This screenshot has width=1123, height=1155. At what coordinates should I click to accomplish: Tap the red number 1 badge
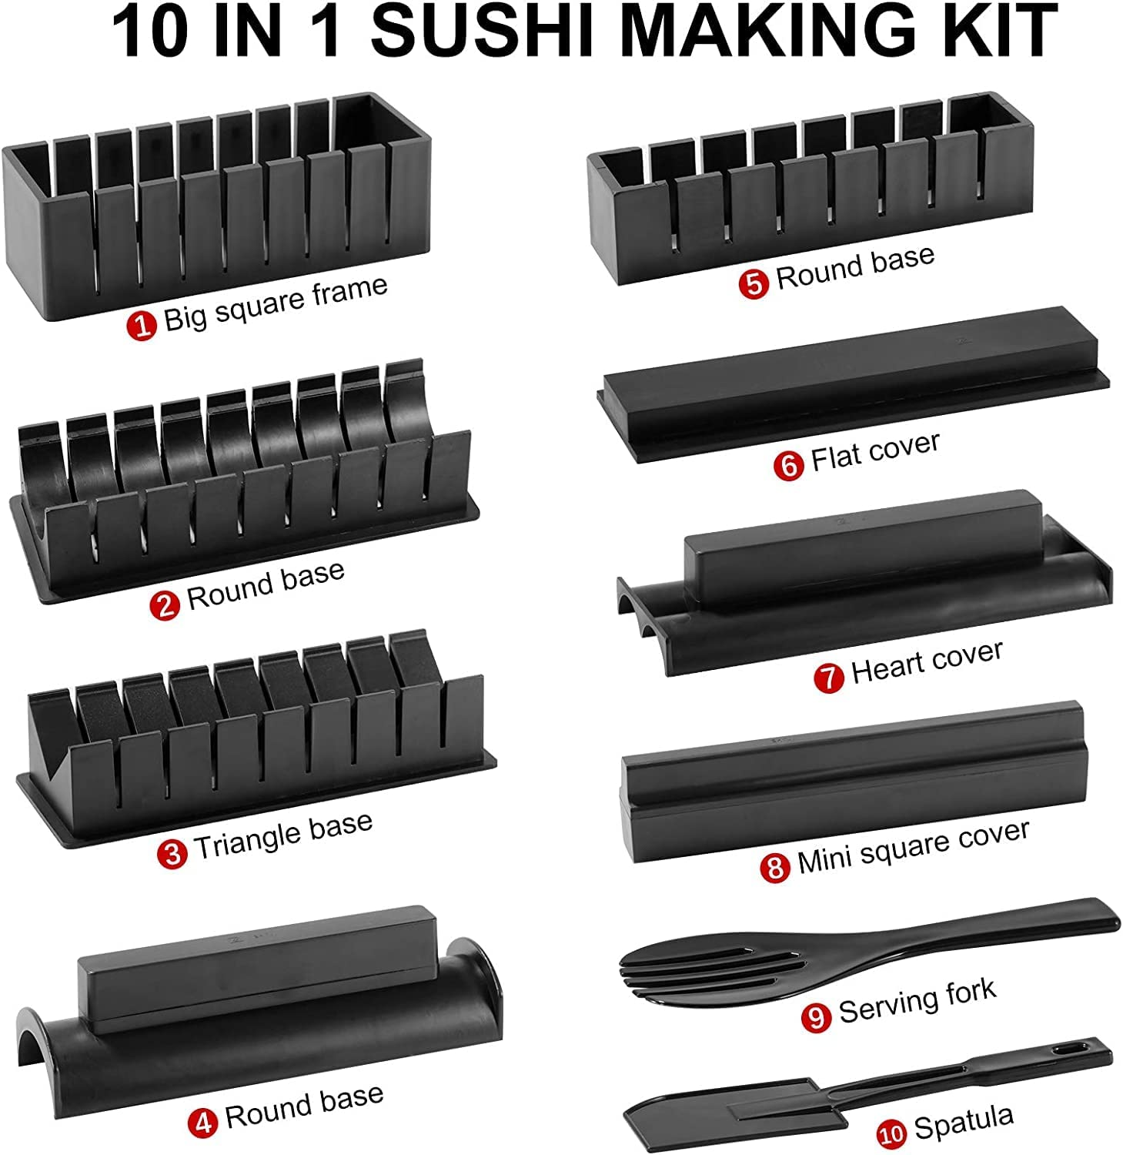tap(142, 325)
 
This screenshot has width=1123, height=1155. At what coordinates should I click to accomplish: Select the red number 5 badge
tap(754, 283)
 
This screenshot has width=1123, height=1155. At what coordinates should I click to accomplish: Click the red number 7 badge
tap(829, 678)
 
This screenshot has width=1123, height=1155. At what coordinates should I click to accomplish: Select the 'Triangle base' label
tap(282, 835)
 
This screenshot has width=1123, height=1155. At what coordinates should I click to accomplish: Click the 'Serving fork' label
tap(917, 1000)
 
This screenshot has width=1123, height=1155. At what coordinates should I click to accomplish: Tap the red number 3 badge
tap(172, 853)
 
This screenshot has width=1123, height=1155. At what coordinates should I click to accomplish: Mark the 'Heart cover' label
tap(927, 661)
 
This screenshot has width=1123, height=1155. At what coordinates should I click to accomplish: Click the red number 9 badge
tap(817, 1017)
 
